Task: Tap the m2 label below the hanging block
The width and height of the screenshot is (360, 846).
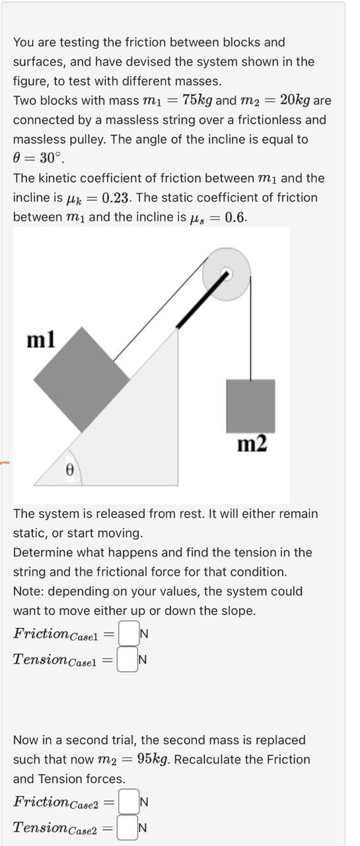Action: [x=252, y=444]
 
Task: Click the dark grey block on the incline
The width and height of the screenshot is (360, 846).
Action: [x=81, y=379]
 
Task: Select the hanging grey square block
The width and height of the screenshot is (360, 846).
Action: [x=250, y=406]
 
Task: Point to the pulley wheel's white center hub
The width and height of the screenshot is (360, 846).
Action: [x=226, y=273]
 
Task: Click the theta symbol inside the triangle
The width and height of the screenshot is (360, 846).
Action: [x=67, y=469]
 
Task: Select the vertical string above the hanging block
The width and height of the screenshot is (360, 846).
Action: [x=250, y=330]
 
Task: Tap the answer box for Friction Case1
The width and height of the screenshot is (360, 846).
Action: [x=129, y=634]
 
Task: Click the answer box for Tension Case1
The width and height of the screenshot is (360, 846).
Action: [x=127, y=659]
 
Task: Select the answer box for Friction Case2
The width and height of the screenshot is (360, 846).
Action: [x=129, y=802]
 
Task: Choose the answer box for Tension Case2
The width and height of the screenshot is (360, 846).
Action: [x=127, y=827]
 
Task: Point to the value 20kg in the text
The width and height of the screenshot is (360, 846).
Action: [x=295, y=100]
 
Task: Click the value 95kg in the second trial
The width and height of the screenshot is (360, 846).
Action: [x=155, y=759]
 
